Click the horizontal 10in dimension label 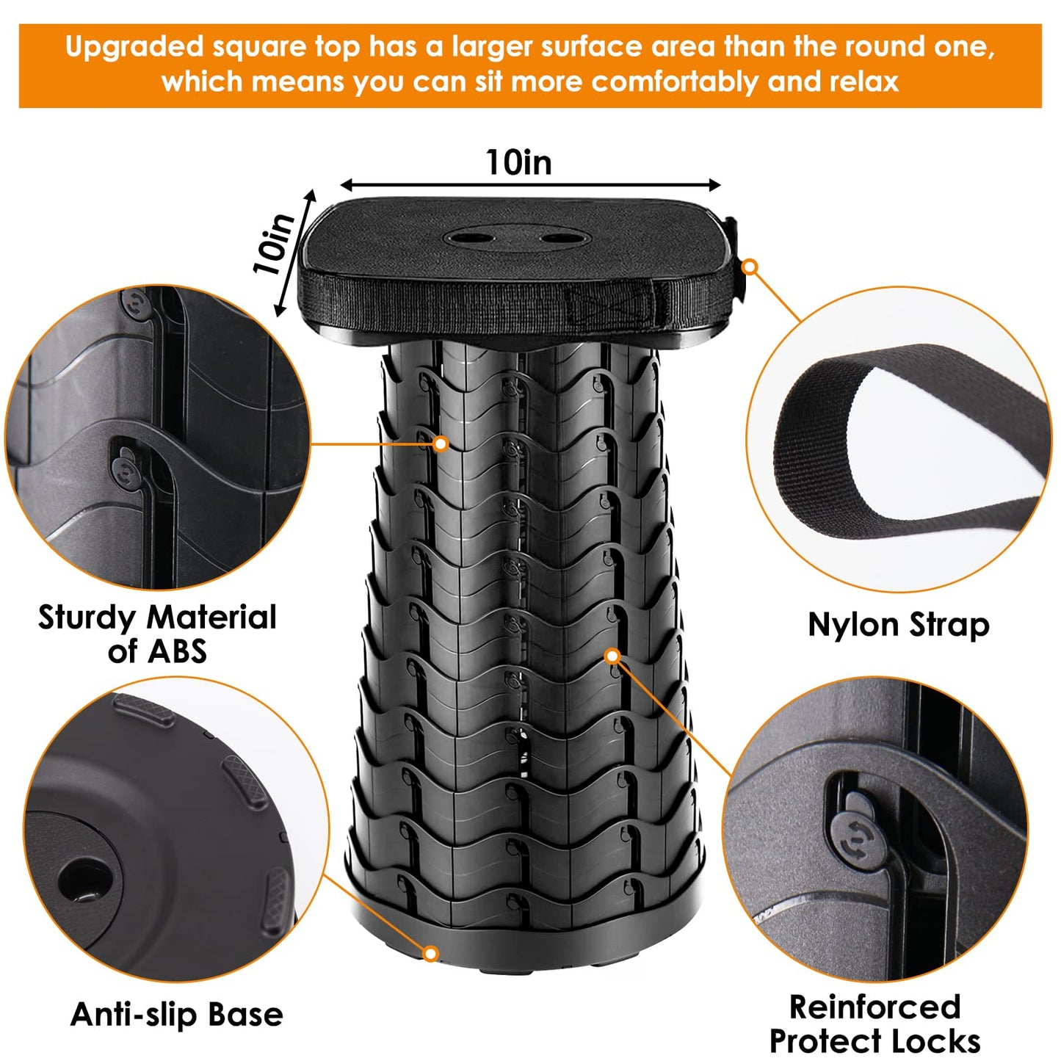518,162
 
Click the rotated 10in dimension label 274,245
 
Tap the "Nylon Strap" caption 898,625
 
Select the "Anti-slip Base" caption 177,1014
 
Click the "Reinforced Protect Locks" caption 874,1024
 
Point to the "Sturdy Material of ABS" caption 157,634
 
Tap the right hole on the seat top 560,238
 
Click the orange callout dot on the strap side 750,267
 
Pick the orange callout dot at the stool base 431,954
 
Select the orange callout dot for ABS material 441,443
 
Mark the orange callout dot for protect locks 613,656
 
